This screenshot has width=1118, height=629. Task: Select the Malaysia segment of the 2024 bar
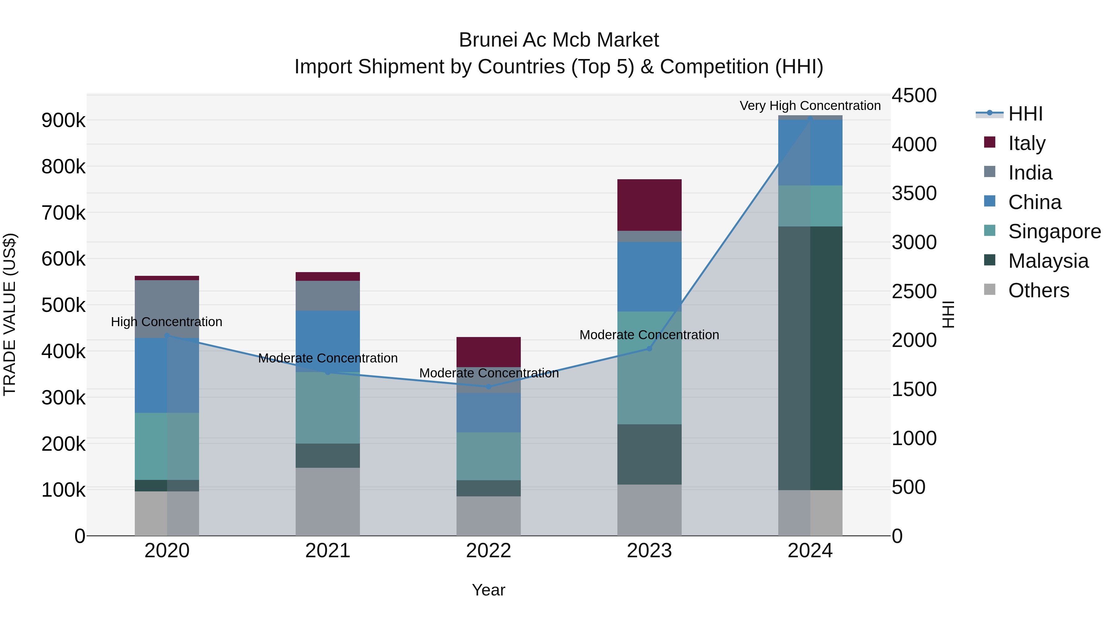click(x=810, y=358)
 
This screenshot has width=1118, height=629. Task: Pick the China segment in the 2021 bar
click(x=328, y=341)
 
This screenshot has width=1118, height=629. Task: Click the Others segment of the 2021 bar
click(x=328, y=501)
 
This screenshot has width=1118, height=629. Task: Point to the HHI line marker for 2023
click(x=649, y=349)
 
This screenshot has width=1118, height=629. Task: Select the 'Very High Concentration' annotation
click(x=810, y=106)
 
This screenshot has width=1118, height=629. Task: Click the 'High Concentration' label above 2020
click(x=167, y=322)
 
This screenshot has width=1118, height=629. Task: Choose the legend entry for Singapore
click(x=1054, y=231)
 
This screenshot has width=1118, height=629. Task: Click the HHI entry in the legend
click(x=1025, y=114)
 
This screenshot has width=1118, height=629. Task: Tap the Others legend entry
click(x=1038, y=290)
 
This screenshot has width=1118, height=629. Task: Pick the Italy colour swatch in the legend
click(x=989, y=142)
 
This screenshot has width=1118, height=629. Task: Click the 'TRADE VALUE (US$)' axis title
click(x=10, y=314)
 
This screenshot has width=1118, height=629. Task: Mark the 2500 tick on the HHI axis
click(x=914, y=291)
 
